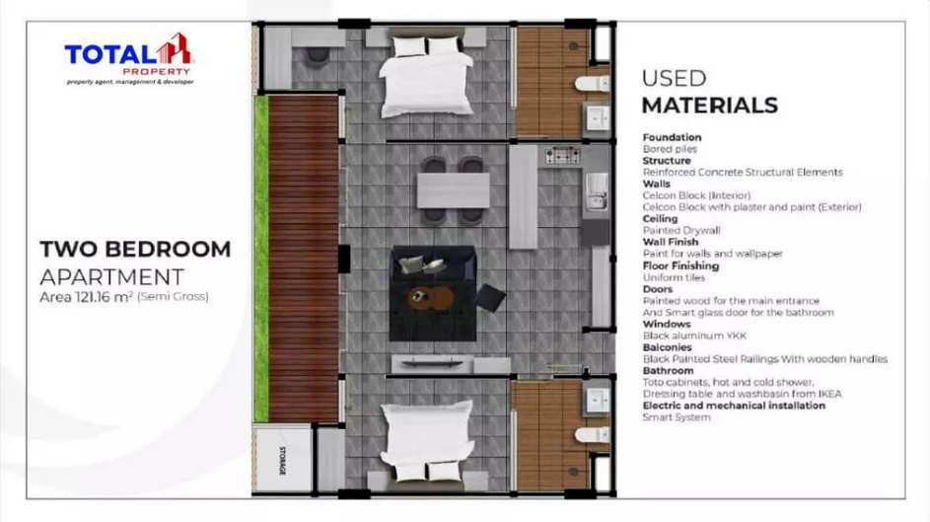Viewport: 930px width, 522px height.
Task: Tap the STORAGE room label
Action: click(x=282, y=460)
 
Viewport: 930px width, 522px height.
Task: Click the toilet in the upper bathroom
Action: click(x=593, y=83)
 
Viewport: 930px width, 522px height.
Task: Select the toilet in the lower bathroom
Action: click(x=593, y=435)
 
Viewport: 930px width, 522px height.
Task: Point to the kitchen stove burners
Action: click(x=562, y=155)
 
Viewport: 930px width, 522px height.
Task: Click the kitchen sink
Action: click(x=596, y=191)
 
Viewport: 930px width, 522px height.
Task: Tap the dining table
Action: click(x=453, y=190)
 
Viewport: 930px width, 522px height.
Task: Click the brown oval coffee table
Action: click(x=431, y=298)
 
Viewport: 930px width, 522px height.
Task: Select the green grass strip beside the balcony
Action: click(x=261, y=259)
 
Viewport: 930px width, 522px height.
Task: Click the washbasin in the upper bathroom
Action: click(x=598, y=118)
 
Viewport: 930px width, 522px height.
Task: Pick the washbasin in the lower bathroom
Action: click(x=598, y=401)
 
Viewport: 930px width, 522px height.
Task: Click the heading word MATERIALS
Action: click(x=709, y=106)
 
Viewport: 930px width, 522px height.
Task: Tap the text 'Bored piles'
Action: click(x=670, y=149)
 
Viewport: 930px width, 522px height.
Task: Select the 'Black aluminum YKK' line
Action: click(x=694, y=336)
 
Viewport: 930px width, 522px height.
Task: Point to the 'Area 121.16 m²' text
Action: click(x=86, y=297)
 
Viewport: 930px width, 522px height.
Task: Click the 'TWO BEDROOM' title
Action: click(x=135, y=249)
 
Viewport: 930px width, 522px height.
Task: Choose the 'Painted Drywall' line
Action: click(x=681, y=230)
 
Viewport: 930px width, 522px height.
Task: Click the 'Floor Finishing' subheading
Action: click(x=680, y=265)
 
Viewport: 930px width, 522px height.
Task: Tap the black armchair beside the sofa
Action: click(x=490, y=298)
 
